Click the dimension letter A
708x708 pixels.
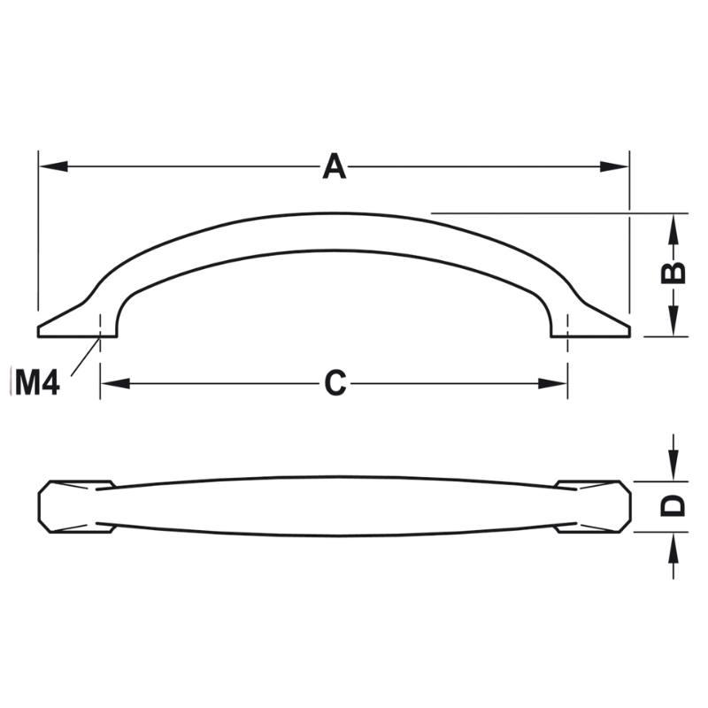tap(335, 166)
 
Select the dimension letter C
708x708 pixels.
tap(335, 383)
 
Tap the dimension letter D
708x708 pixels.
tap(673, 506)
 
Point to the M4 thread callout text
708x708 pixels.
tap(37, 382)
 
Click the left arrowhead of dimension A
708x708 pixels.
tap(53, 166)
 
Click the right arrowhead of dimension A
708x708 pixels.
tap(614, 166)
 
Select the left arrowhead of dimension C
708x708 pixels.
tap(116, 384)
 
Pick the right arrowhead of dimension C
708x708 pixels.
tap(552, 384)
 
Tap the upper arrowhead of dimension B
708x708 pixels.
tap(673, 229)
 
